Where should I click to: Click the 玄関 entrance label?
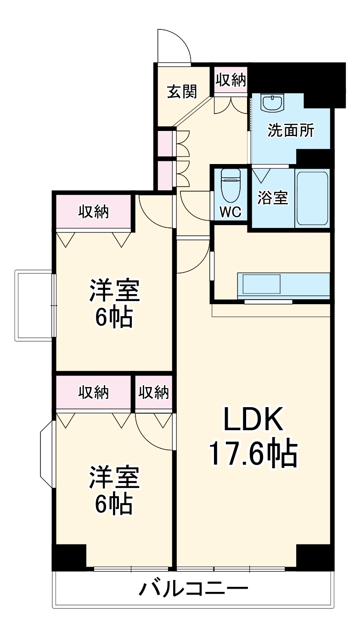click(182, 91)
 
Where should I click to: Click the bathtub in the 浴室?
click(312, 198)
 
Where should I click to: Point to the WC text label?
click(230, 212)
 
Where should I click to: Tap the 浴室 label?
click(272, 198)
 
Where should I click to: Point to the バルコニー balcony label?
click(193, 588)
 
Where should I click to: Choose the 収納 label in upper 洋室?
click(93, 212)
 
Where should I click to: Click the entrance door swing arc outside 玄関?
click(173, 46)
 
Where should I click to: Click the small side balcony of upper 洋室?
click(35, 306)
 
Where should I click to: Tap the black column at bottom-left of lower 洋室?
click(69, 556)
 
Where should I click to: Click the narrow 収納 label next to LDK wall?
click(154, 392)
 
